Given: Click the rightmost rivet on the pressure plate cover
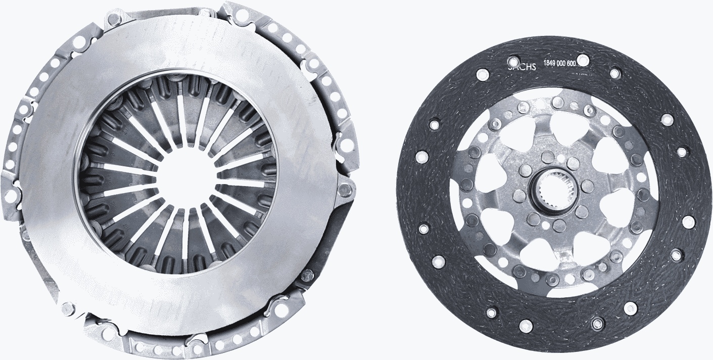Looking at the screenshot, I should [x=345, y=190].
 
